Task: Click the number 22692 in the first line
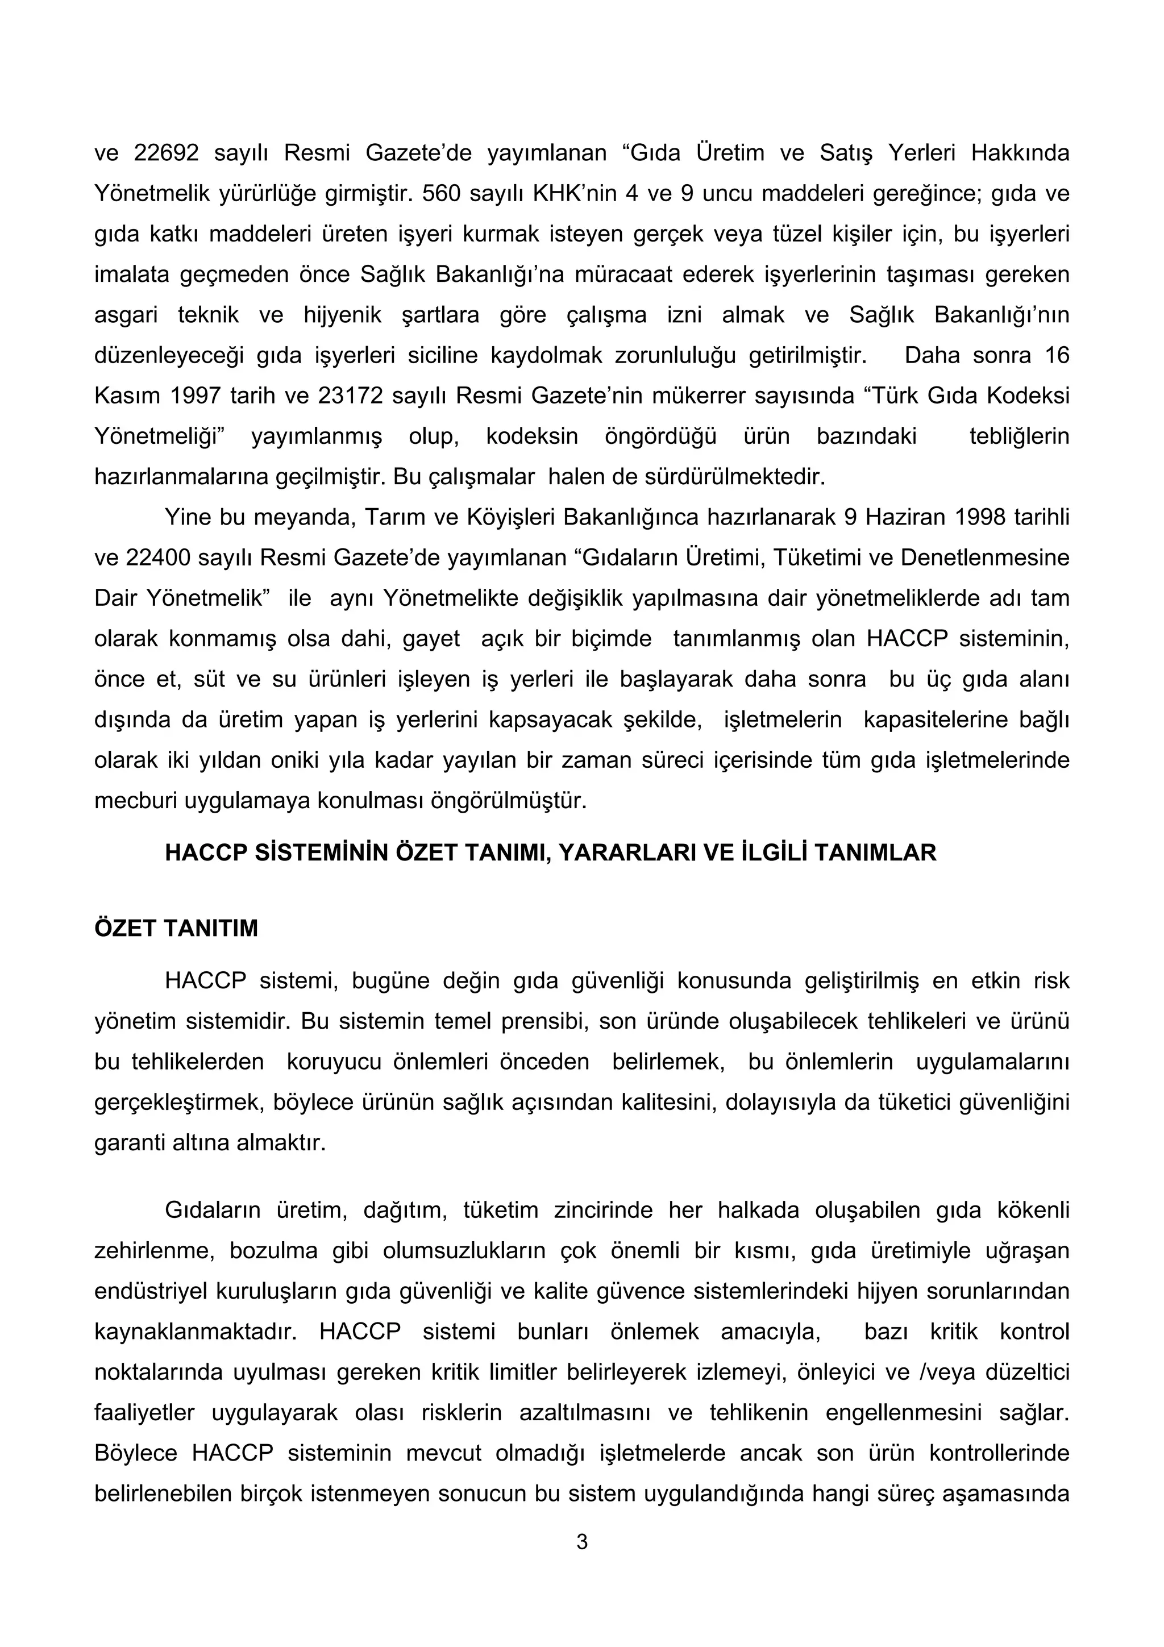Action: (x=165, y=153)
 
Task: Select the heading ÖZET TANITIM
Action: (x=176, y=928)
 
